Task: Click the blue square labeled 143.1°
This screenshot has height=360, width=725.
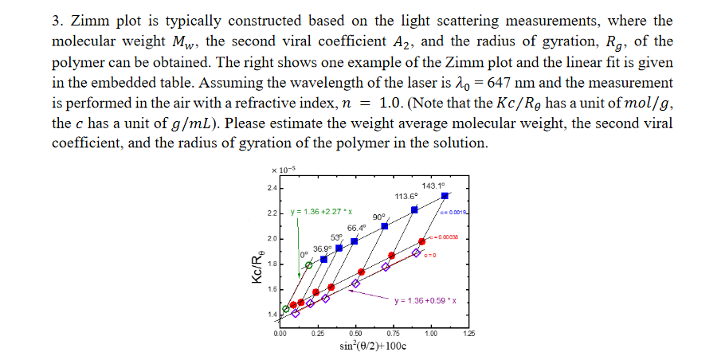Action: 445,194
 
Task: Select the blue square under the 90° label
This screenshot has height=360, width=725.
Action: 385,226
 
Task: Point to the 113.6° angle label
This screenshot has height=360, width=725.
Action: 406,196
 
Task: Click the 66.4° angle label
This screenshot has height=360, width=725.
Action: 356,228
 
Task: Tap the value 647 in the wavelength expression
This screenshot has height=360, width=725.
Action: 519,82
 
